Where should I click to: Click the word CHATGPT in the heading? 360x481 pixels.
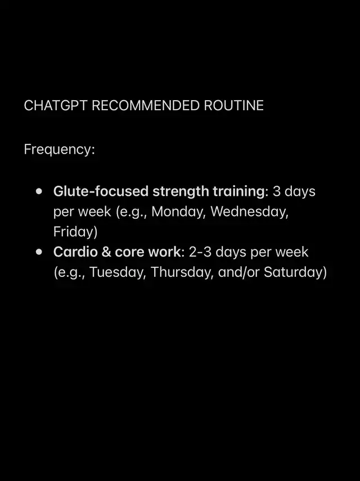(56, 106)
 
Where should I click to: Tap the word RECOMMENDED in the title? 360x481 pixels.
(146, 106)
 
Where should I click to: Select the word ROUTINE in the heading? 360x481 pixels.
(233, 106)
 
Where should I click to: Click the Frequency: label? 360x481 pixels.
(60, 150)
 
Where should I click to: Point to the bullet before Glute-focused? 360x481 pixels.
(39, 191)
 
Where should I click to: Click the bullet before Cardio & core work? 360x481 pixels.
(39, 252)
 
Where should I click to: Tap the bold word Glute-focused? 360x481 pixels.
(101, 191)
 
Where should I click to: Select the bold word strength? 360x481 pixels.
(181, 192)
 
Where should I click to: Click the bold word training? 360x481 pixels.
(238, 192)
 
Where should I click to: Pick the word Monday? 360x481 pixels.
(178, 212)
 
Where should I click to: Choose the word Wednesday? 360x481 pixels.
(249, 212)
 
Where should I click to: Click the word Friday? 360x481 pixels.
(74, 232)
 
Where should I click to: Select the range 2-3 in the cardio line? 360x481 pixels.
(200, 252)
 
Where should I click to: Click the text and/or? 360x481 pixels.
(239, 272)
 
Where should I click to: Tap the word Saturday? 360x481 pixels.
(293, 272)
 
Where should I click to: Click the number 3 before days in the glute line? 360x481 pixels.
(277, 191)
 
